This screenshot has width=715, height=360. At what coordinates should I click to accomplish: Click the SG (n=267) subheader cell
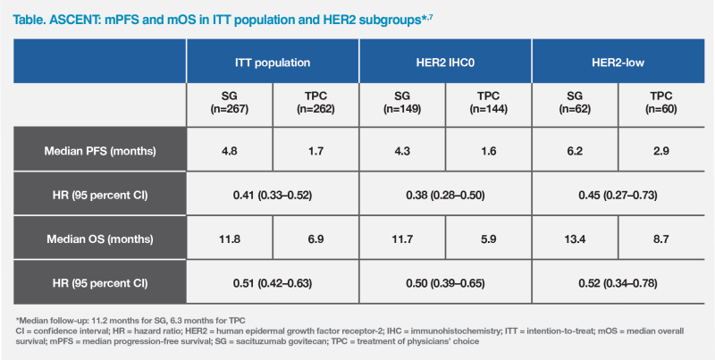tap(229, 103)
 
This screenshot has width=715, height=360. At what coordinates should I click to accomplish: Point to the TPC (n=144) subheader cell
tap(488, 103)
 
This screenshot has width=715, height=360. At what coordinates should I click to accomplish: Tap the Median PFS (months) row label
tap(100, 150)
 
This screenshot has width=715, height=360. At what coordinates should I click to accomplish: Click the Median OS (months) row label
tap(100, 239)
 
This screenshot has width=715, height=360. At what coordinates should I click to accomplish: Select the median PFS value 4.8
tap(229, 150)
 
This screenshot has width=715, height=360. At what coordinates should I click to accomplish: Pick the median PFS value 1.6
tap(488, 150)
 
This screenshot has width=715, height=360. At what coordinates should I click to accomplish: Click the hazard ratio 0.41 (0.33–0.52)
tap(272, 195)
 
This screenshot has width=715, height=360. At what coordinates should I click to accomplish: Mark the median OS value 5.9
tap(488, 239)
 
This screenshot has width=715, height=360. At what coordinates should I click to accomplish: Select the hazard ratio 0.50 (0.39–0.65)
tap(445, 283)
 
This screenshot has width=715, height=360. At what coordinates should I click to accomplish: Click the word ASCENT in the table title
tap(72, 13)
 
